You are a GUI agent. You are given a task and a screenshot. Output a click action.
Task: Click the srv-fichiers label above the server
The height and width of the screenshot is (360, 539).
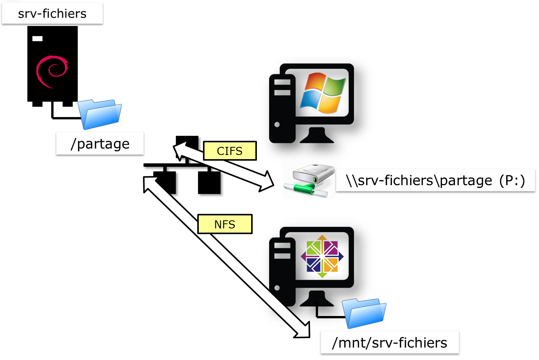click(x=52, y=14)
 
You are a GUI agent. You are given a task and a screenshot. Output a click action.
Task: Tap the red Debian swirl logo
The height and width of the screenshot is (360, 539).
click(x=52, y=71)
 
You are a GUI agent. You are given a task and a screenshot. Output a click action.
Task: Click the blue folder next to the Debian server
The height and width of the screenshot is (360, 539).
click(x=100, y=114)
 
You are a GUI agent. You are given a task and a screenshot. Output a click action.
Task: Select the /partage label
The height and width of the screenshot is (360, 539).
click(x=100, y=144)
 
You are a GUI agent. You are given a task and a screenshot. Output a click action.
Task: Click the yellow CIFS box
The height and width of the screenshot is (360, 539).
click(x=230, y=151)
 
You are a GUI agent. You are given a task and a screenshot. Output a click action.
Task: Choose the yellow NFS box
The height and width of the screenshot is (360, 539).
click(x=225, y=224)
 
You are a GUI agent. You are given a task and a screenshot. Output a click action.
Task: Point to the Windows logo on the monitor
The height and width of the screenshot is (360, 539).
click(x=323, y=93)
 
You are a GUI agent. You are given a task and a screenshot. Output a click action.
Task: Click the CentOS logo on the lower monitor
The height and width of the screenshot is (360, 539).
click(x=322, y=256)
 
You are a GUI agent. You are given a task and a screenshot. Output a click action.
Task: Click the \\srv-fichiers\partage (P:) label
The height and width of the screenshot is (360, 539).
click(x=435, y=180)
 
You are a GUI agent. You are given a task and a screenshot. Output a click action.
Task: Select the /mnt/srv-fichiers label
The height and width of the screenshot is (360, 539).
click(x=390, y=343)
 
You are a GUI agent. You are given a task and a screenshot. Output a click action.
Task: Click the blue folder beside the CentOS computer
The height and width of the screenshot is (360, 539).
click(x=364, y=313)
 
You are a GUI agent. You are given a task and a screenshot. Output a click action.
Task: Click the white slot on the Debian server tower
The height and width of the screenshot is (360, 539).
click(x=37, y=39)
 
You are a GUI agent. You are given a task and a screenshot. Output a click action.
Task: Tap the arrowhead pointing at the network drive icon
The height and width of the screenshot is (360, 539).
click(x=266, y=181)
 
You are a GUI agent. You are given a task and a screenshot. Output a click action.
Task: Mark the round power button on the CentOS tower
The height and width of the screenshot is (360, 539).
click(x=277, y=288)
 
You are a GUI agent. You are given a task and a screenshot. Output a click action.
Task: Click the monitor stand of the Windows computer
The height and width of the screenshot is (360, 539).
click(x=317, y=136)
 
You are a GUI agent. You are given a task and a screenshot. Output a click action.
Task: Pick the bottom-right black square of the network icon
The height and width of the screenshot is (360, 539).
click(x=209, y=182)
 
